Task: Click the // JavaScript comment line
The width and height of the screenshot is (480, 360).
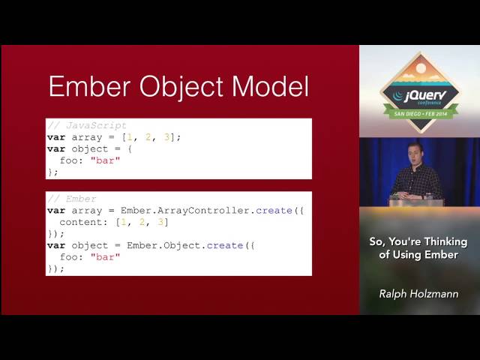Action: [86, 125]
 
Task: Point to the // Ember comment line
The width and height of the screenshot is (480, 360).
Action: [71, 199]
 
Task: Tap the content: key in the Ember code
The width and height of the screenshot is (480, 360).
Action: [85, 222]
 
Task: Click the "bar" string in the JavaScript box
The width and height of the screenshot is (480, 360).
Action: [105, 160]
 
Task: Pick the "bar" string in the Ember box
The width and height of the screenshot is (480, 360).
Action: [105, 256]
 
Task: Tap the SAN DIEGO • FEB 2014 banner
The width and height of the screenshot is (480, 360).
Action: [419, 113]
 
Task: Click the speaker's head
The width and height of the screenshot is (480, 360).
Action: [413, 150]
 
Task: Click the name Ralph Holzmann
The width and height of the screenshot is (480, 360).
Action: [419, 293]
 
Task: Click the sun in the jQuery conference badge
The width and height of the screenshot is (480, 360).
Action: [420, 68]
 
